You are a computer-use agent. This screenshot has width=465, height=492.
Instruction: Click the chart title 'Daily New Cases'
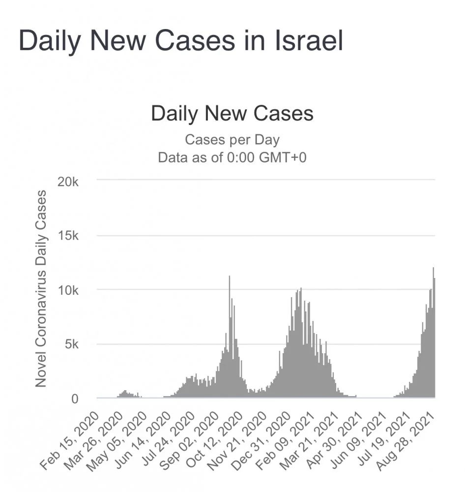tap(232, 114)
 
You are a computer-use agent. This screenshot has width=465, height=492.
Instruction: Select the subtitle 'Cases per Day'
tap(232, 140)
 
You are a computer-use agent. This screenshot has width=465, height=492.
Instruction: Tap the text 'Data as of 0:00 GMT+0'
tap(232, 157)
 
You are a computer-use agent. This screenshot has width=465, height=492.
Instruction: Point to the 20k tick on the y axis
tap(68, 181)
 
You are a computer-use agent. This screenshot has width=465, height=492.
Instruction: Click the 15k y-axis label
tap(68, 236)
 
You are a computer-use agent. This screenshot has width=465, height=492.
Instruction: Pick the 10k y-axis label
tap(68, 290)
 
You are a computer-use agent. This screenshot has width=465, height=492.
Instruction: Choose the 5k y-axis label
tap(72, 344)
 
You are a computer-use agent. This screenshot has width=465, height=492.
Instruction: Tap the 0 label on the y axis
tap(75, 399)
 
